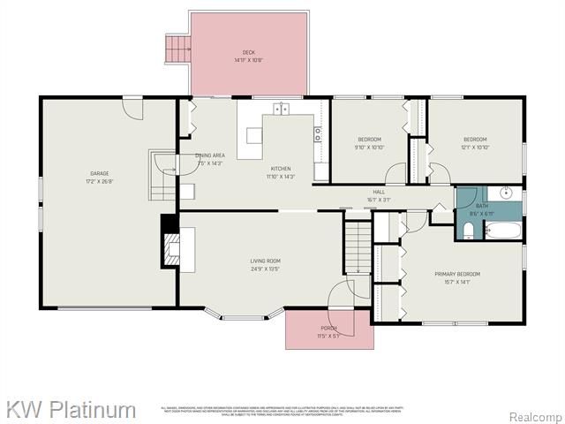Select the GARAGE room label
(x=99, y=173)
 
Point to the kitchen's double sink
(x=281, y=110)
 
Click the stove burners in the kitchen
(x=317, y=134)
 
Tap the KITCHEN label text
(x=281, y=169)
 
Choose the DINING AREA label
(x=210, y=155)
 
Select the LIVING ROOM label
(x=265, y=261)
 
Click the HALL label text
(x=379, y=192)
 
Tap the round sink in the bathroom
(x=506, y=193)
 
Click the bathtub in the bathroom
(x=503, y=233)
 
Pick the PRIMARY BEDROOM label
(x=456, y=274)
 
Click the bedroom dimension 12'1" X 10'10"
(x=475, y=148)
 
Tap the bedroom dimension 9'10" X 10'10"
(x=369, y=148)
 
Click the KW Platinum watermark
(x=71, y=410)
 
